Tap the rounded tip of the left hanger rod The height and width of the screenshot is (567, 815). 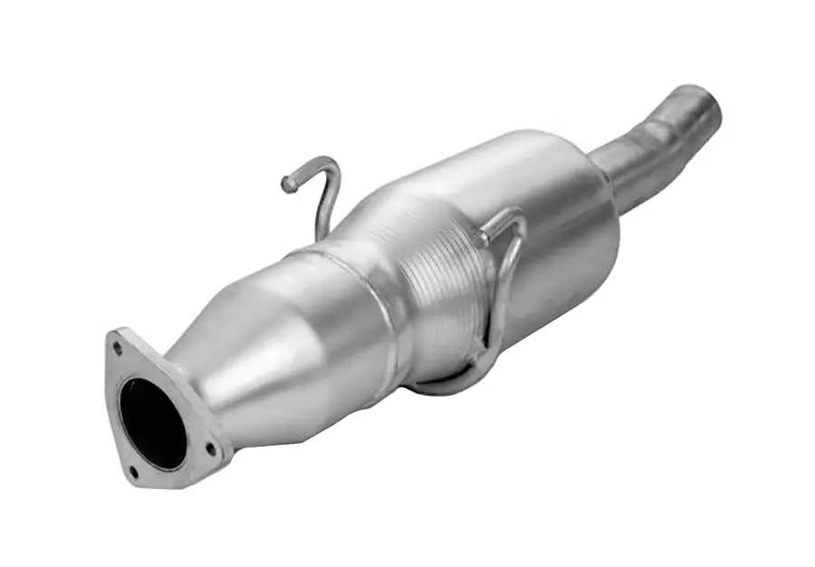click(289, 184)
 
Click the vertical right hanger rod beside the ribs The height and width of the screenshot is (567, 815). click(503, 290)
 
